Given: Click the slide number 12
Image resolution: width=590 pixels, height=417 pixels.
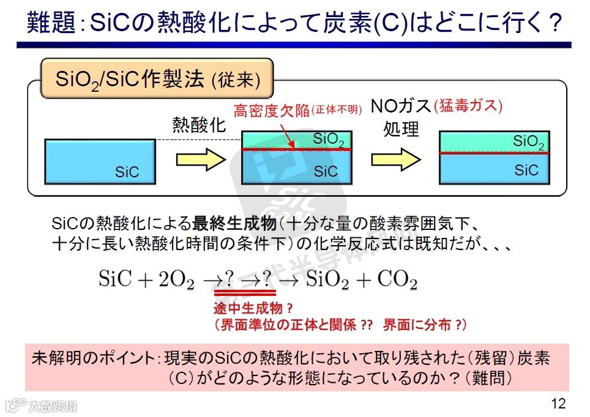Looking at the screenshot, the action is tap(558, 404).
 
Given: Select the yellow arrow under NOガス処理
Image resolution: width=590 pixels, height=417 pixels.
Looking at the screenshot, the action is tap(397, 159).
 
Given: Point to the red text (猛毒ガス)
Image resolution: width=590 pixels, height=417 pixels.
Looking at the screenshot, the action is tap(468, 105).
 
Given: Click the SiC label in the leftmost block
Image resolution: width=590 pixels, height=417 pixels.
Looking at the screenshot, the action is tap(127, 172).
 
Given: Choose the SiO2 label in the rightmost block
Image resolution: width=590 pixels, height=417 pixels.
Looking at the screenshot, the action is tap(529, 142).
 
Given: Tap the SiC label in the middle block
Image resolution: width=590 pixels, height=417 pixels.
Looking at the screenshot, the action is tap(326, 172).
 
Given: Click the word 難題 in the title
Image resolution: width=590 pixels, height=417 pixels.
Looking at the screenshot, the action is tap(51, 23).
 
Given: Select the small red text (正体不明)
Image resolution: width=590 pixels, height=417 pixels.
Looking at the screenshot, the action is tap(337, 111).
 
